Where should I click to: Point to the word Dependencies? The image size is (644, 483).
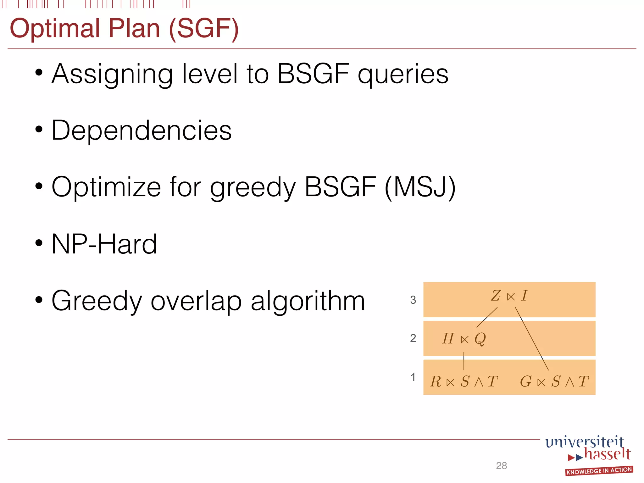(142, 130)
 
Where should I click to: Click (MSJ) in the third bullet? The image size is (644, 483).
(420, 187)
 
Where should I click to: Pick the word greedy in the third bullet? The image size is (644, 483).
(253, 187)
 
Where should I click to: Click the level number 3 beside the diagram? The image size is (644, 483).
(413, 300)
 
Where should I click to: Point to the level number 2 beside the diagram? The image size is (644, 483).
(413, 338)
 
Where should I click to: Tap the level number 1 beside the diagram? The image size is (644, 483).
(413, 377)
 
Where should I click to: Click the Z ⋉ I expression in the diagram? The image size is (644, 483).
(509, 296)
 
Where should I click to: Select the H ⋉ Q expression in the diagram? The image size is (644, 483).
(464, 339)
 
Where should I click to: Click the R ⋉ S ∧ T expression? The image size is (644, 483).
(464, 381)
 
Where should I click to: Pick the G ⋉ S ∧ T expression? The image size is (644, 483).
(554, 381)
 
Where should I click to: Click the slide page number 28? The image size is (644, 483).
(501, 465)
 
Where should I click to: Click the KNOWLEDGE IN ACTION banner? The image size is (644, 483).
(599, 471)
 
